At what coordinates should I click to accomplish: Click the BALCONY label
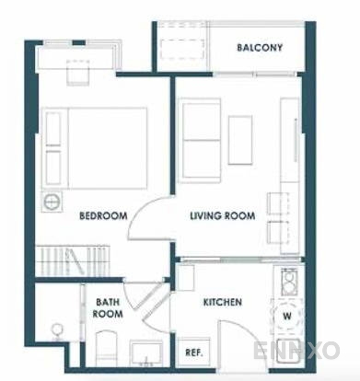tap(259, 48)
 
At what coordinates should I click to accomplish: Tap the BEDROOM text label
tap(102, 216)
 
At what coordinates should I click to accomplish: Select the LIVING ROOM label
tap(221, 216)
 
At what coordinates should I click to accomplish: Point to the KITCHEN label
tap(222, 302)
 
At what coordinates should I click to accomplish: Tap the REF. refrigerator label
tap(194, 352)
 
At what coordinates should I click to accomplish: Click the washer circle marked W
tap(287, 316)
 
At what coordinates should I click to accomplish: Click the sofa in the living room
tap(201, 132)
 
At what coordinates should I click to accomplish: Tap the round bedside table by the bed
tap(52, 199)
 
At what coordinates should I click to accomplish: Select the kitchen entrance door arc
tap(235, 341)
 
